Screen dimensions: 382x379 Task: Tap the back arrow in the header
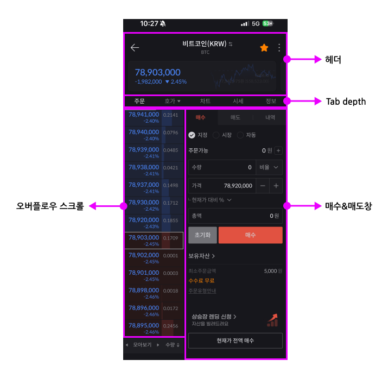tap(135, 48)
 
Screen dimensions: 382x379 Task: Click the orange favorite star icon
tap(264, 48)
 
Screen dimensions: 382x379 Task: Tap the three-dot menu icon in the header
tap(279, 48)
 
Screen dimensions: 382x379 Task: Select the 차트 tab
tap(205, 102)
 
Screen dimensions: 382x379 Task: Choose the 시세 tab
tap(238, 102)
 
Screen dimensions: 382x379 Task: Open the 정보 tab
tap(271, 102)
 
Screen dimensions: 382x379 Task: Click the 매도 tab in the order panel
tap(235, 117)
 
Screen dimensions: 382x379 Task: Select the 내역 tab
tap(270, 117)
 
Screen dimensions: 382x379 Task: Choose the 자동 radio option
tap(247, 135)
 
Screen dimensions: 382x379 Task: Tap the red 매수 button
tap(250, 235)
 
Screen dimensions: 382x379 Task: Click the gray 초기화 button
tap(202, 235)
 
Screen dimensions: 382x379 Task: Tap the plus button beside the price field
tap(276, 186)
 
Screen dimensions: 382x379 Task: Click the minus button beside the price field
tap(263, 186)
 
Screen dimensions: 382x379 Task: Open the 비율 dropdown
tap(269, 168)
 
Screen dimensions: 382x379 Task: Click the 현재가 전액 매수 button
tap(235, 340)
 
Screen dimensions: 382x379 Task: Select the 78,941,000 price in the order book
tap(144, 115)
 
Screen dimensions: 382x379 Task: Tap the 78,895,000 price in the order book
tap(144, 326)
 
